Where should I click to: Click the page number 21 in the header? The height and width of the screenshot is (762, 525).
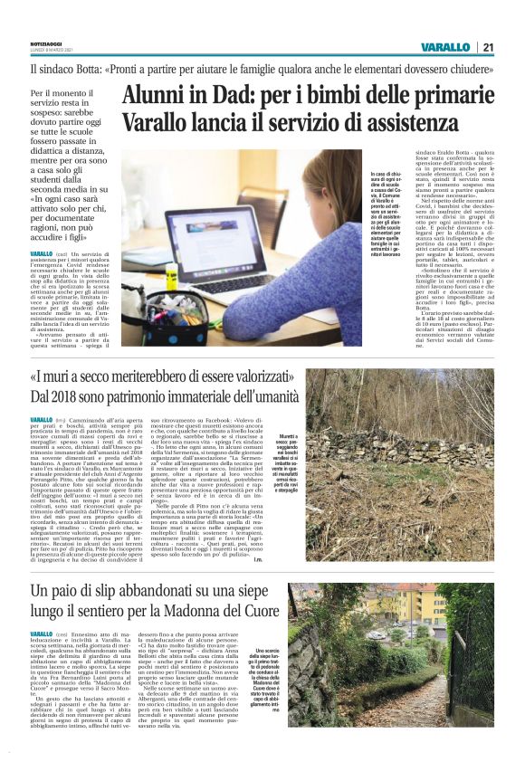(487, 47)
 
